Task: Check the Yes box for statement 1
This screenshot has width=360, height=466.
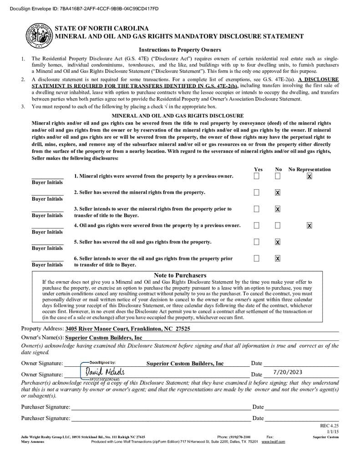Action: pos(257,176)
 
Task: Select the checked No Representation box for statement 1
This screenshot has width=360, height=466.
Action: pos(309,176)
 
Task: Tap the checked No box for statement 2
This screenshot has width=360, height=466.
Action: pos(278,192)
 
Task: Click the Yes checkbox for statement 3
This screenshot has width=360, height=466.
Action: pos(257,209)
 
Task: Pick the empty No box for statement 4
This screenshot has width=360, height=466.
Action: pos(278,225)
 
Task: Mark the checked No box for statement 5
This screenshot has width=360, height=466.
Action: pos(278,242)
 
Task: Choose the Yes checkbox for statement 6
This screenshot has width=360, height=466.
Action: pos(257,258)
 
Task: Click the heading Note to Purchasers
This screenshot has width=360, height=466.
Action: pos(180,275)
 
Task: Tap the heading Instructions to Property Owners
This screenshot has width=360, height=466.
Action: pos(180,50)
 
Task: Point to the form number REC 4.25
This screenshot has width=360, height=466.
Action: pos(330,426)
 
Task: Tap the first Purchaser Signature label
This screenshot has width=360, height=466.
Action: pos(46,407)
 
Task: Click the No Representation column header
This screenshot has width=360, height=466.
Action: pos(309,169)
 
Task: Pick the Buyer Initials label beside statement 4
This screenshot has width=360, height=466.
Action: pos(47,232)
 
